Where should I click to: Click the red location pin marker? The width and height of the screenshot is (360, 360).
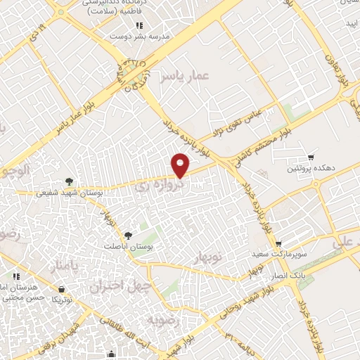point(181,165)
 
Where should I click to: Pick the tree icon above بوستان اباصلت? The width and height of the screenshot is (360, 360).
point(127,236)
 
